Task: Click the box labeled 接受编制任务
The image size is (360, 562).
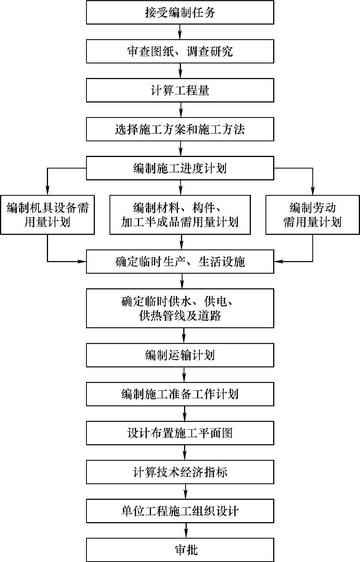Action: point(180,12)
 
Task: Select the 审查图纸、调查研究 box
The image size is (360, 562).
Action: point(180,51)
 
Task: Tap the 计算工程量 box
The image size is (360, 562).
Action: point(180,90)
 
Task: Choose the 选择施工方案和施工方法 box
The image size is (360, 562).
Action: point(180,129)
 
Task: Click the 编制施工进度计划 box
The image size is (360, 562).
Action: point(180,168)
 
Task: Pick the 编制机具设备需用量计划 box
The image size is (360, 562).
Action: point(47,215)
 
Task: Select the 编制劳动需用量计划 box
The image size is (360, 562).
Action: point(312,215)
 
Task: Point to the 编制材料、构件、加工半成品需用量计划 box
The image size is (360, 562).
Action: point(180,215)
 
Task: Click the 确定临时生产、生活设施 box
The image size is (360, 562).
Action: point(180,261)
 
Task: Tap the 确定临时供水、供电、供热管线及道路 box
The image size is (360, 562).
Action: point(180,308)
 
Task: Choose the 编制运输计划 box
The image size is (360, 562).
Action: point(180,355)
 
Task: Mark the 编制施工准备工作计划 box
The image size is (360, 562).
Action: point(180,394)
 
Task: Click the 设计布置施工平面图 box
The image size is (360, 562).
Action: point(180,433)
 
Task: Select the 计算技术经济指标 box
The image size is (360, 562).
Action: point(180,472)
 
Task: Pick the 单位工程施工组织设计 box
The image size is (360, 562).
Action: point(180,511)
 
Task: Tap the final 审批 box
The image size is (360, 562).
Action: point(180,550)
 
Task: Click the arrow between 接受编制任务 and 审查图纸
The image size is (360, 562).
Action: point(180,32)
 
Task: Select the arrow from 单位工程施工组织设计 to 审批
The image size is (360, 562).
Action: point(186,531)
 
